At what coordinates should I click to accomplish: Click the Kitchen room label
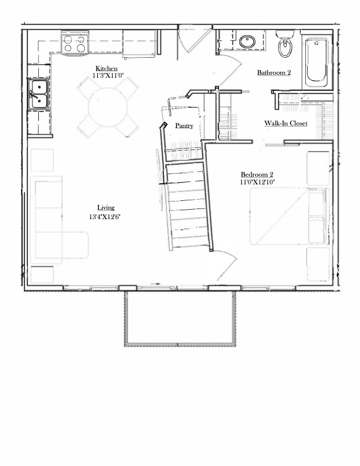(x=106, y=69)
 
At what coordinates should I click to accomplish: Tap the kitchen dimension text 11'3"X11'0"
(x=108, y=75)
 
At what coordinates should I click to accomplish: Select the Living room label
(x=106, y=208)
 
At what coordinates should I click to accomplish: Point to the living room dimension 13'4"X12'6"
(x=105, y=217)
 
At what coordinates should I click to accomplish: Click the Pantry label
(x=184, y=125)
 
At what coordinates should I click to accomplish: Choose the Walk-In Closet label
(x=286, y=123)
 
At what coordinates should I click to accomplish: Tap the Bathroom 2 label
(x=274, y=72)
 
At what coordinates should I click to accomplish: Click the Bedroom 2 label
(x=257, y=175)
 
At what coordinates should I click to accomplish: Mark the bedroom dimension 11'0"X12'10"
(x=257, y=182)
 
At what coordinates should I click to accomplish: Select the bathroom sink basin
(x=247, y=42)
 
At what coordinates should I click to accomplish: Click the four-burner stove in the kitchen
(x=75, y=43)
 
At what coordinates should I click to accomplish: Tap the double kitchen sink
(x=39, y=94)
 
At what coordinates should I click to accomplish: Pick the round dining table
(x=108, y=108)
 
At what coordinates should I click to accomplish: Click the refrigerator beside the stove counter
(x=140, y=43)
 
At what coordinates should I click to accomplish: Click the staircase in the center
(x=188, y=205)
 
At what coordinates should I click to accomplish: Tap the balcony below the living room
(x=180, y=319)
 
